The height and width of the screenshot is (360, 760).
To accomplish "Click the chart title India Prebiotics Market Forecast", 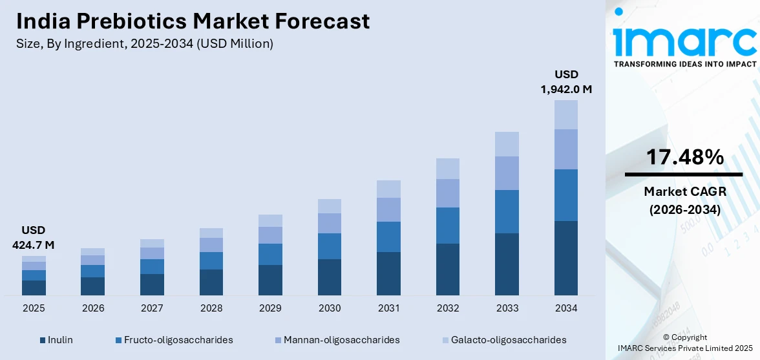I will click(193, 21).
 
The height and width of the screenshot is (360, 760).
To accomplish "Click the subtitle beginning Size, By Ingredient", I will click(145, 44).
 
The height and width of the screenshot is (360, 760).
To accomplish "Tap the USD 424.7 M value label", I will click(33, 237).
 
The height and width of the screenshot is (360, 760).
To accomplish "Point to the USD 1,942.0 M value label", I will click(566, 82).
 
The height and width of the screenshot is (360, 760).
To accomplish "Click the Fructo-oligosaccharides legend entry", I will click(174, 339).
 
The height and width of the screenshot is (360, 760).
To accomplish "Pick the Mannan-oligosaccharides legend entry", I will click(337, 339).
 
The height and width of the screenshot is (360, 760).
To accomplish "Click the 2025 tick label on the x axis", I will click(34, 308).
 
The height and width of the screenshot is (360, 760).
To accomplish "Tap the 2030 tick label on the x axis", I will click(330, 308).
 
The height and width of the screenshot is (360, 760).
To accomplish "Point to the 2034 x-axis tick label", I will click(566, 308).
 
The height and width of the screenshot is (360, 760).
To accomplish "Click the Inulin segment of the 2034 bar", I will click(566, 258).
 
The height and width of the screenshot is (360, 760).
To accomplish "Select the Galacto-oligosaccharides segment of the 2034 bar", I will click(566, 114).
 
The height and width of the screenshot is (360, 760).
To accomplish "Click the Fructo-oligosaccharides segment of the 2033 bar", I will click(507, 211).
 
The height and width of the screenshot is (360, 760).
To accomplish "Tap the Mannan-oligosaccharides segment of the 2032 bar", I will click(448, 193).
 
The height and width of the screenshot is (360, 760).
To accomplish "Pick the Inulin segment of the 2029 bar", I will click(270, 280).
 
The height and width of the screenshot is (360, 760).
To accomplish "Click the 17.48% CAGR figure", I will click(684, 157).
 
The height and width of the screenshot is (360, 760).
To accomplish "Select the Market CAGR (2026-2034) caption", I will click(684, 200).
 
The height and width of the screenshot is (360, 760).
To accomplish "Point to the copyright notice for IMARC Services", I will click(684, 343).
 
